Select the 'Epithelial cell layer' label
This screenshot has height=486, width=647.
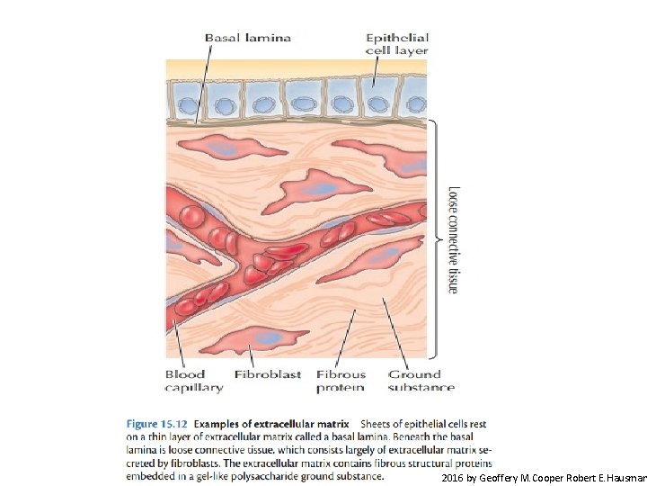(x=396, y=44)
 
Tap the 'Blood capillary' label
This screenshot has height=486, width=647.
(x=193, y=381)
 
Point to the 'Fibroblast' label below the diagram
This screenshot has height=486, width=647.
(x=267, y=374)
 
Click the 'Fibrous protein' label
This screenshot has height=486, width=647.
(x=341, y=381)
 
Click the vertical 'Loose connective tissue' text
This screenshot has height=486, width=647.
(x=454, y=239)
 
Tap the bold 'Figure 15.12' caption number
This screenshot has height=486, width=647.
(x=155, y=423)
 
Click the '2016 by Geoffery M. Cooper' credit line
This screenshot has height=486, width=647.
(x=544, y=476)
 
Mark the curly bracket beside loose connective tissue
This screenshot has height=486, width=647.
(x=436, y=239)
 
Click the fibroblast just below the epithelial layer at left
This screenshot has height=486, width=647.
(x=224, y=147)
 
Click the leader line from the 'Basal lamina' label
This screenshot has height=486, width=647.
(x=204, y=81)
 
